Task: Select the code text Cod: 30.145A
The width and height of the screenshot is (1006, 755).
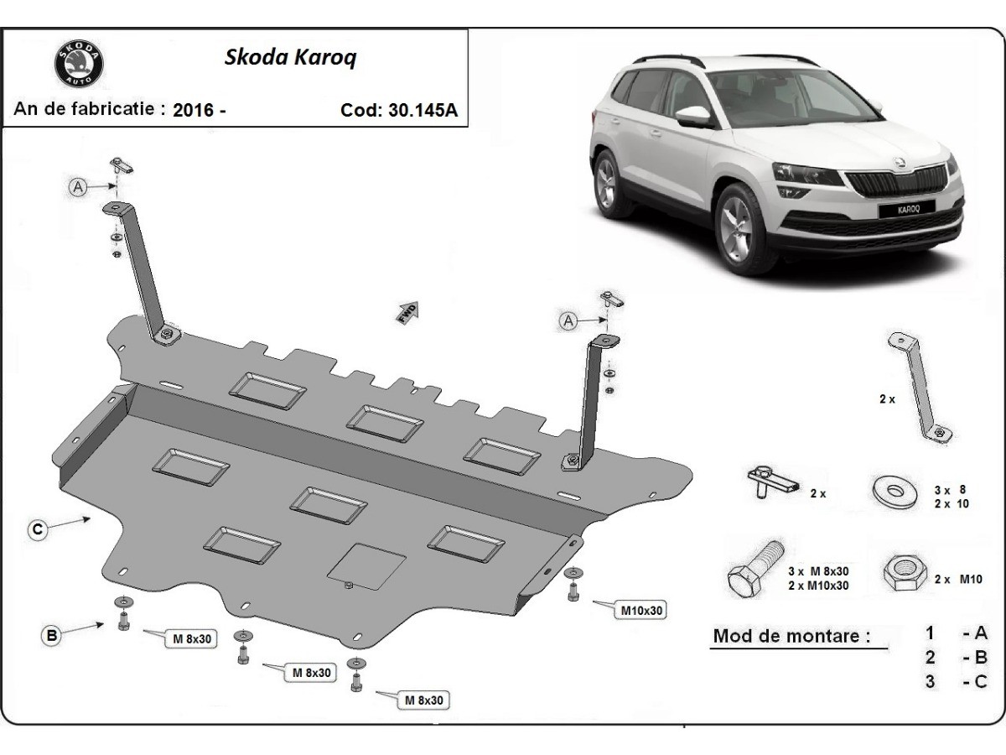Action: tap(399, 110)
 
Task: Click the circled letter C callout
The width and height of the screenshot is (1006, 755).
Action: tap(37, 529)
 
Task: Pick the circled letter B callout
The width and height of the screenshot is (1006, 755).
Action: tap(52, 636)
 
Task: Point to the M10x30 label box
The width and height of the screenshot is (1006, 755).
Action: tap(642, 611)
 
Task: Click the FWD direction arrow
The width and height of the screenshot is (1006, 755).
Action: tap(407, 312)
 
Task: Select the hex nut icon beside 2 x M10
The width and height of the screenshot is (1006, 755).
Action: tap(901, 575)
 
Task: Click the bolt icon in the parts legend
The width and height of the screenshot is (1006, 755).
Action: tap(755, 570)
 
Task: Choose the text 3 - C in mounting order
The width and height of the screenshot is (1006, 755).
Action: tap(956, 681)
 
